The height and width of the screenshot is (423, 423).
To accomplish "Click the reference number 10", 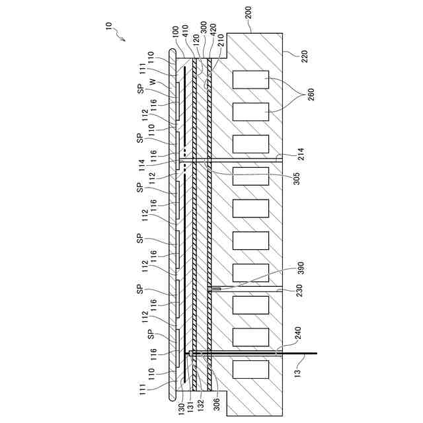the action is coord(109,26).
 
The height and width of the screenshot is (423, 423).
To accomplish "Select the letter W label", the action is coord(153,83).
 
